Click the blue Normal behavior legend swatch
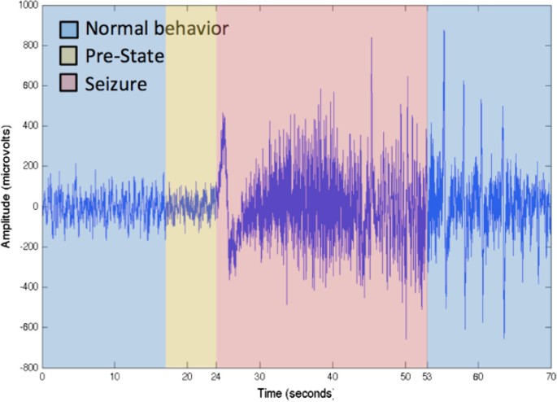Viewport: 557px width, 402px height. [x=69, y=29]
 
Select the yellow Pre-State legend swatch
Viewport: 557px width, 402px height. [x=69, y=56]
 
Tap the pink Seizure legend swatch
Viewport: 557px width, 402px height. [x=69, y=83]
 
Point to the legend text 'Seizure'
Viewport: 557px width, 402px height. [x=116, y=83]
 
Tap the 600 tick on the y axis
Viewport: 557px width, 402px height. [x=30, y=86]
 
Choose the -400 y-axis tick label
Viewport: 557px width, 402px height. [x=28, y=287]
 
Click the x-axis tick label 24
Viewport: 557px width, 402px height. [x=215, y=378]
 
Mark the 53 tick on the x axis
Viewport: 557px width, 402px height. [x=427, y=378]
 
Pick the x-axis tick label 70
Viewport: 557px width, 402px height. [x=550, y=378]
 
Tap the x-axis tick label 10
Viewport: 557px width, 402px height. [x=115, y=378]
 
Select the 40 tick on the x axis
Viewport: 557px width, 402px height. [x=332, y=378]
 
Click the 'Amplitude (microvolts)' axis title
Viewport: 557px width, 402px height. [x=11, y=186]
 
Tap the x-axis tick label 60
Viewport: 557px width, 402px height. [x=477, y=378]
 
